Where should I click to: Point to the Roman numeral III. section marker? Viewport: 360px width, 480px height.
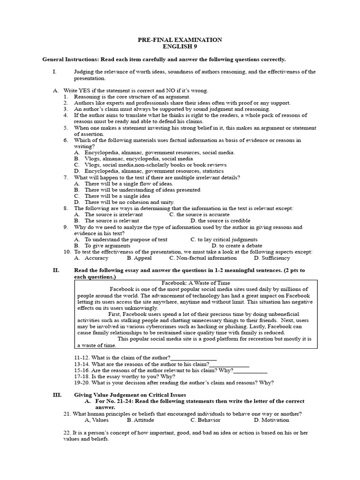coord(57,395)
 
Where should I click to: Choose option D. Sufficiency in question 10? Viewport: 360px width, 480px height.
coord(272,258)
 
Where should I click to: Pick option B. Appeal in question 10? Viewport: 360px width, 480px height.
coord(139,258)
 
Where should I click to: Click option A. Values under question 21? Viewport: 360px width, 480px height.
coord(97,420)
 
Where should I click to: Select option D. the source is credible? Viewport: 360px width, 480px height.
coord(220,220)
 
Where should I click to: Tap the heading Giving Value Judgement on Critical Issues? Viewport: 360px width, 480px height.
coord(130,395)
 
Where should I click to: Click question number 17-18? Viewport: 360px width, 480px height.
coord(82,376)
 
